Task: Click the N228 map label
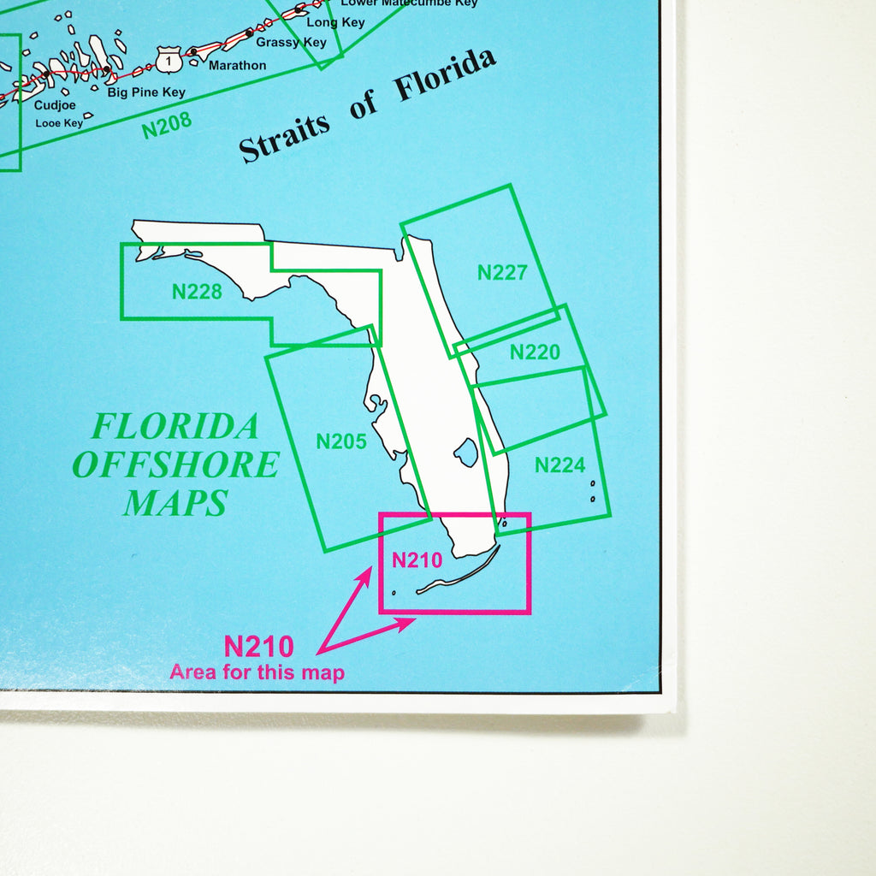197,292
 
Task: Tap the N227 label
502,273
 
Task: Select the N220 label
535,352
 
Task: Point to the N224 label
560,465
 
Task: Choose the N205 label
341,442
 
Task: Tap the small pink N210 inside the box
417,560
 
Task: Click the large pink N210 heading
258,646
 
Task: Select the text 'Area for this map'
257,672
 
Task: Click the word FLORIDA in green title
175,425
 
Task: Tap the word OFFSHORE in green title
175,465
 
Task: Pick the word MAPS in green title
175,503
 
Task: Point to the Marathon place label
237,65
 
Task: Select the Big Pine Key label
146,92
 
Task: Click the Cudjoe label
55,105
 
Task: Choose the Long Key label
335,22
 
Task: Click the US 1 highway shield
169,59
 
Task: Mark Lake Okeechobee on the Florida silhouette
466,452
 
